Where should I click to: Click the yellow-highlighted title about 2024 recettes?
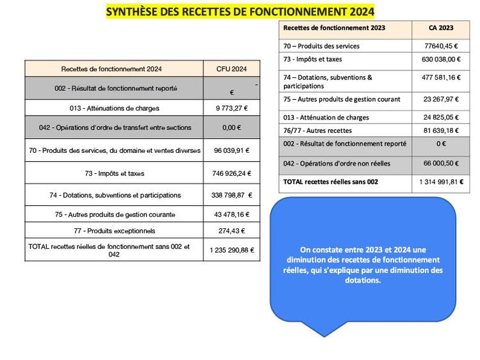pos(239,12)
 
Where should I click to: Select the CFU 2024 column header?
pos(231,69)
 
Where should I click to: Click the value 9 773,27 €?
pos(231,108)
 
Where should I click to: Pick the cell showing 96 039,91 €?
pos(231,151)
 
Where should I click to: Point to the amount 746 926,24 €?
pos(231,173)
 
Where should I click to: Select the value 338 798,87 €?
pos(232,195)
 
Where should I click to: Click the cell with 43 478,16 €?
pos(231,214)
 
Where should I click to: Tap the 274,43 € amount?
pos(231,231)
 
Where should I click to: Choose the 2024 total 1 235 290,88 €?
pos(231,250)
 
